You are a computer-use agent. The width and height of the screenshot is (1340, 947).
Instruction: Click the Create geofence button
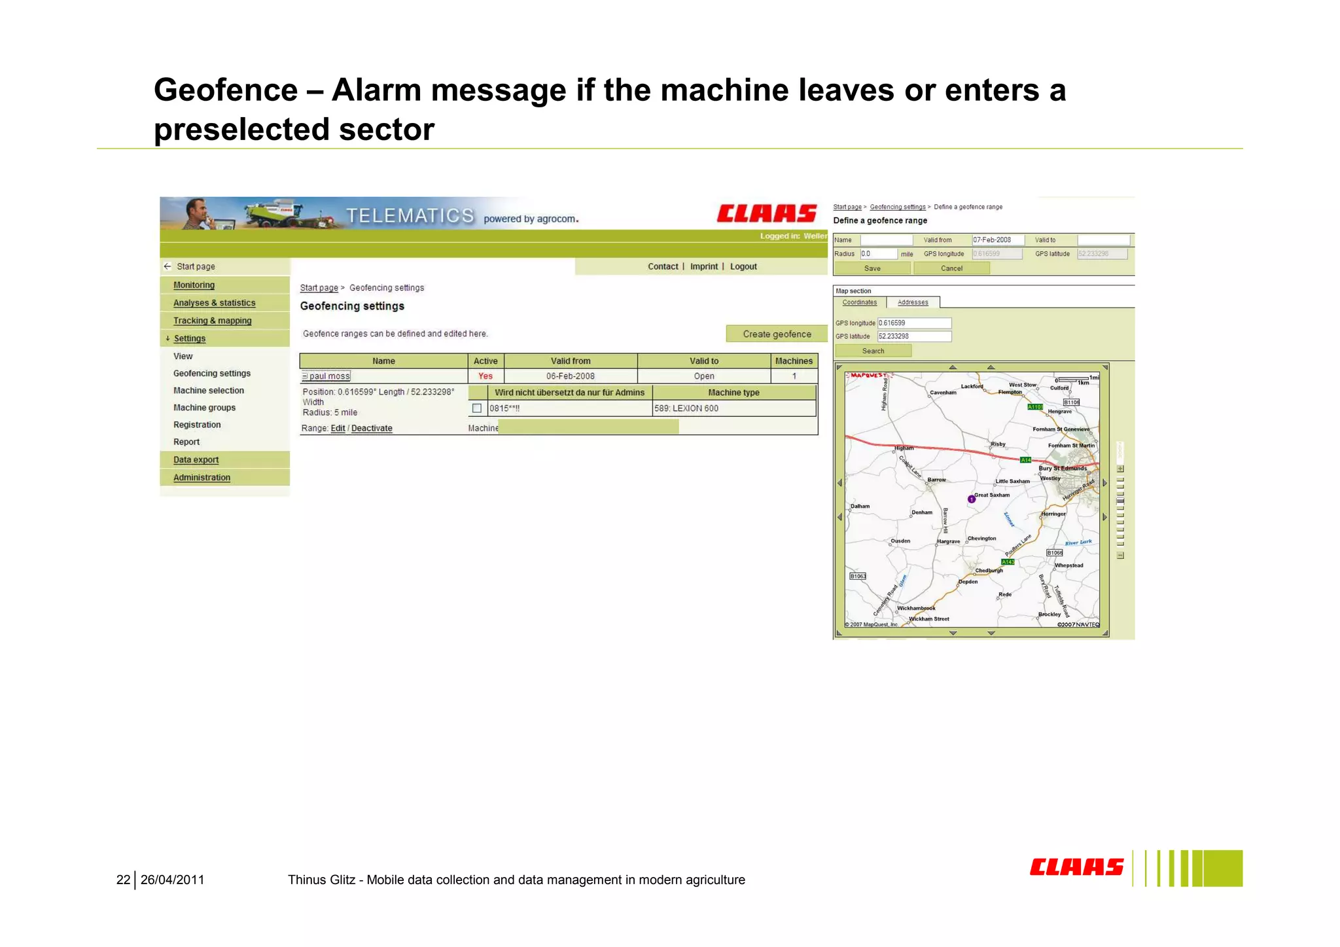[777, 334]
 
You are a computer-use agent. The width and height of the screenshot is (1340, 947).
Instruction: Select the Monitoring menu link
[194, 285]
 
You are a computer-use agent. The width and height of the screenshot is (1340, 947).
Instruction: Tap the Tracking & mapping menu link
[212, 321]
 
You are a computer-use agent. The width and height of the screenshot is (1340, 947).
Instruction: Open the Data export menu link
[196, 460]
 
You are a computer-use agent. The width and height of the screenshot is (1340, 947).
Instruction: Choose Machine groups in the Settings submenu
[204, 408]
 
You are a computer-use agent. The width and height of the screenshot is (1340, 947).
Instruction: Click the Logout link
[743, 266]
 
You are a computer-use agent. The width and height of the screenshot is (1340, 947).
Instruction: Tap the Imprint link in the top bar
[703, 266]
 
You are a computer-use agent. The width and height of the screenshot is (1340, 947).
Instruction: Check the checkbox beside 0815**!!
[477, 408]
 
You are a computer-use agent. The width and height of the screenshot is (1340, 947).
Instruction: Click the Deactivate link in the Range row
[372, 429]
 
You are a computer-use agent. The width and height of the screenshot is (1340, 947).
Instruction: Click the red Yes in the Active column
[485, 376]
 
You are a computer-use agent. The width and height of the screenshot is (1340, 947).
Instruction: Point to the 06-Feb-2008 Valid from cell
[571, 376]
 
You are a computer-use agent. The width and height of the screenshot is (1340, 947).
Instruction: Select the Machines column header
[794, 361]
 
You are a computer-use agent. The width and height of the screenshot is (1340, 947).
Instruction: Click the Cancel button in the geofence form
[951, 268]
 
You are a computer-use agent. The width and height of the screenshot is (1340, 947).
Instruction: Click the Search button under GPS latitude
[873, 351]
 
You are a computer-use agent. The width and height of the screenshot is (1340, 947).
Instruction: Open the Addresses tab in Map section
[913, 302]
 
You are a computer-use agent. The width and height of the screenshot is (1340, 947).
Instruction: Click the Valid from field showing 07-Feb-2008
[998, 240]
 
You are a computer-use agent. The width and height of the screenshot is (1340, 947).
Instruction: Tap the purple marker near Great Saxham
[972, 499]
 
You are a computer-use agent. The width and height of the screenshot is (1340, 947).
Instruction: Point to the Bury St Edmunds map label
[1063, 469]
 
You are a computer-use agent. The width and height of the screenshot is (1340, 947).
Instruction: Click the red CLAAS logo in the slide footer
[1076, 868]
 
